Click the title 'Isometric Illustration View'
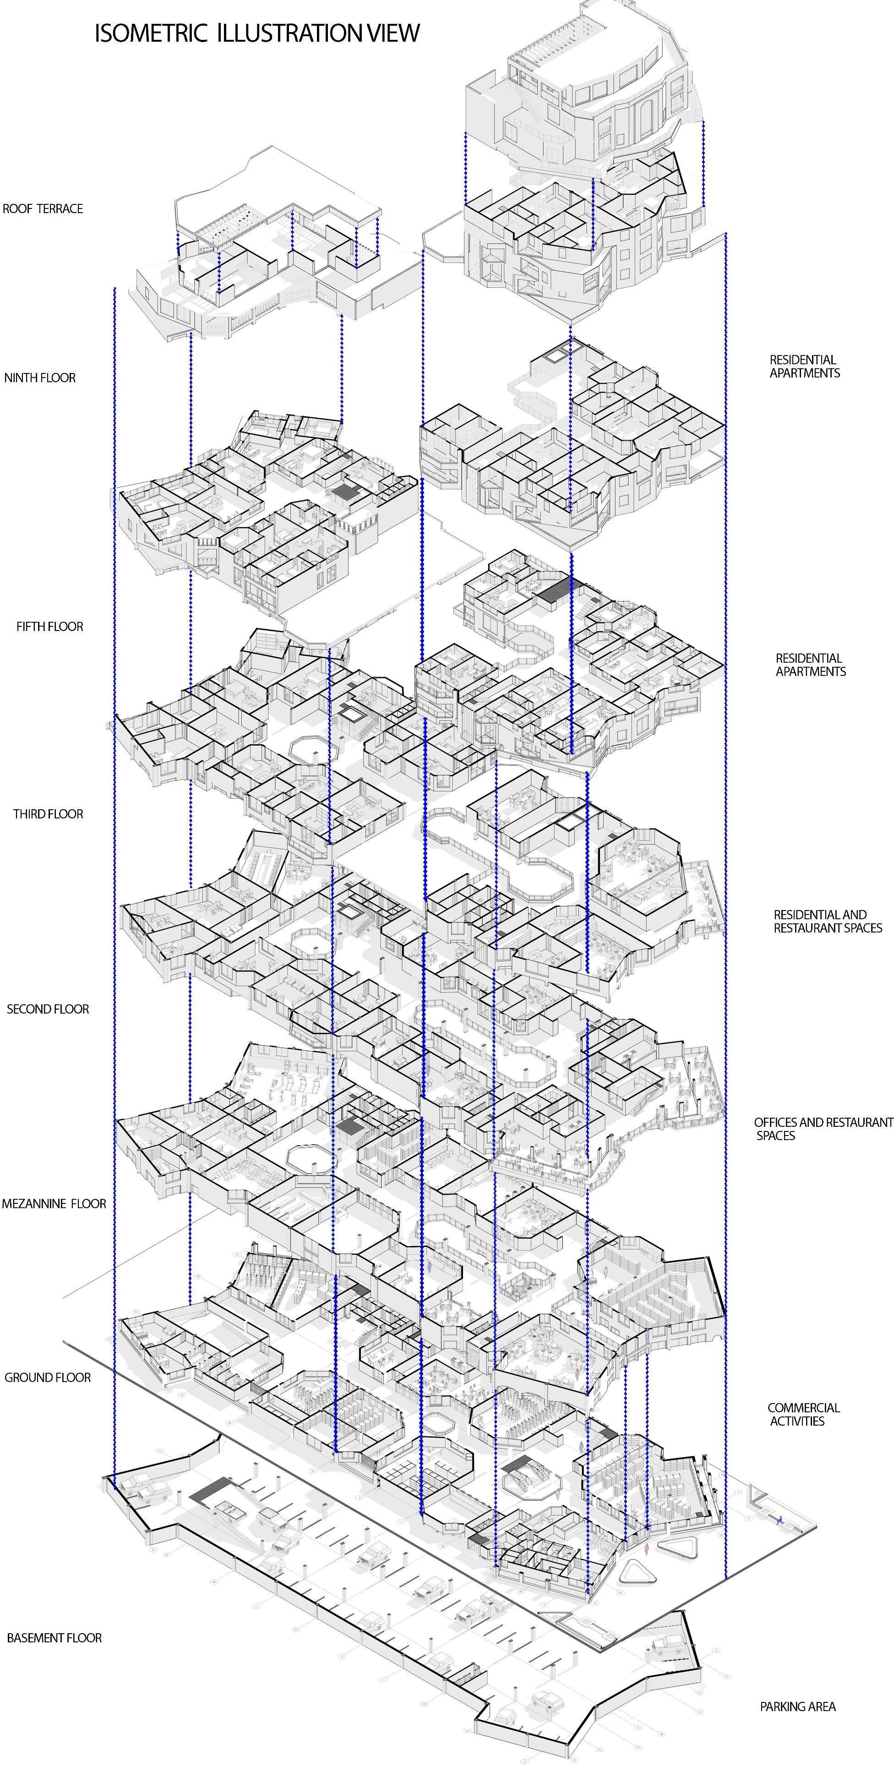[256, 33]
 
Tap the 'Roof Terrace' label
[43, 209]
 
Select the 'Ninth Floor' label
[40, 377]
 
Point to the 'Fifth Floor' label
[49, 626]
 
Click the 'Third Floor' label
[48, 813]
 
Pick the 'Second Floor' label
[48, 1009]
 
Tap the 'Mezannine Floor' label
[54, 1203]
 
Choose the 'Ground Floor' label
[47, 1377]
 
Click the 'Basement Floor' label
[54, 1638]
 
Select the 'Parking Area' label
[797, 1707]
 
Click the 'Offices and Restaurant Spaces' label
[823, 1128]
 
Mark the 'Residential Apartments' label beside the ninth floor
[804, 366]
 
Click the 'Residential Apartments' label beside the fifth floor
[810, 664]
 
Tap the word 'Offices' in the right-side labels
[775, 1122]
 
